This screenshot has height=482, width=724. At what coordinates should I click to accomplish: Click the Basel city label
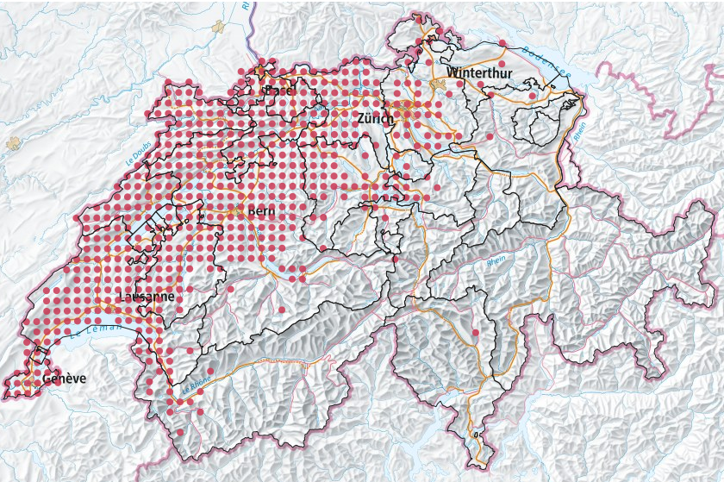click(x=280, y=91)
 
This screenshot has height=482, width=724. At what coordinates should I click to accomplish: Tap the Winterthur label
click(x=479, y=73)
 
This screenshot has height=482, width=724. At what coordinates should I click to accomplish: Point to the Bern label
click(x=261, y=211)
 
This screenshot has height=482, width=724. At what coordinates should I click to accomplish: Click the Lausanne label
click(x=146, y=296)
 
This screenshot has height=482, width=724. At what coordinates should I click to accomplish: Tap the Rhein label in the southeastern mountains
click(x=496, y=260)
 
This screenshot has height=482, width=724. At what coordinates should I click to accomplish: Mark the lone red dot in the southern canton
click(x=475, y=331)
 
